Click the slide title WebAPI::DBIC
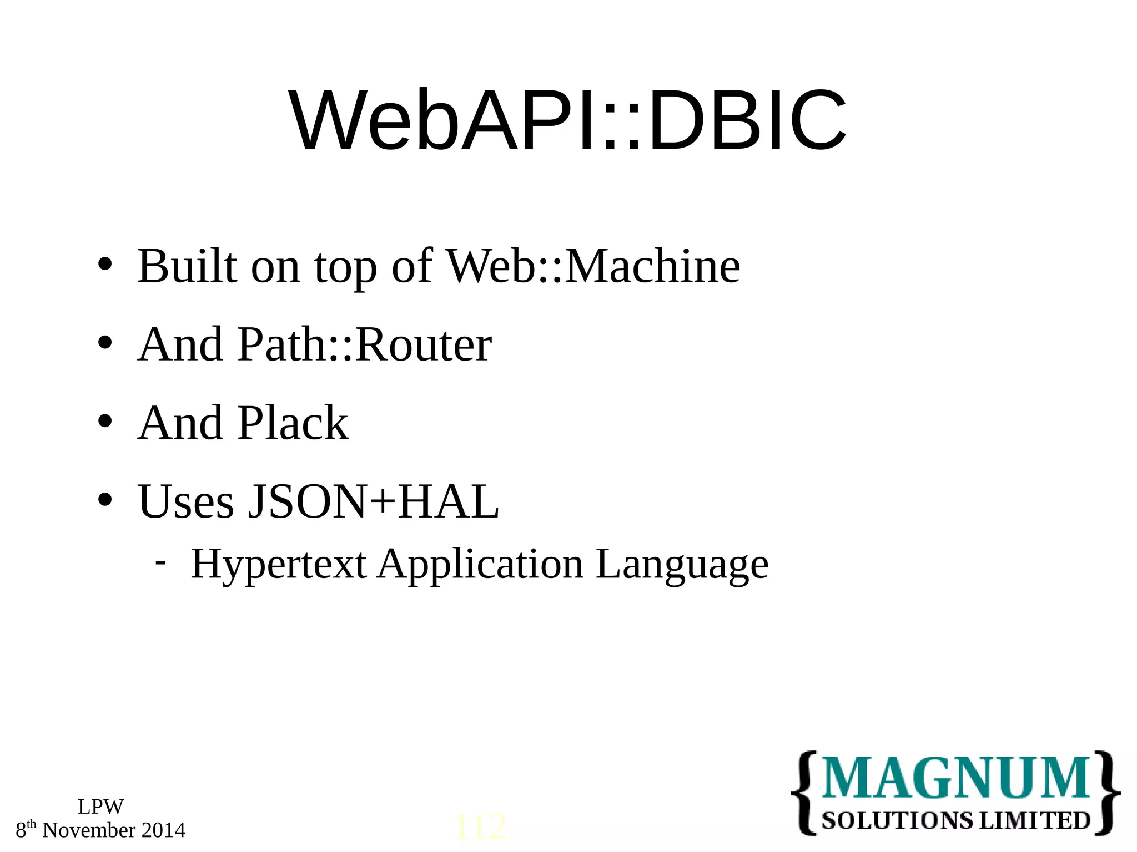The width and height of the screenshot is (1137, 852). (x=567, y=120)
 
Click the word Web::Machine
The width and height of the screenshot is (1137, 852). (x=593, y=266)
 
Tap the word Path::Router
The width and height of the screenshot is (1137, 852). (x=365, y=344)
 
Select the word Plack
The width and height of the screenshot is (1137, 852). (x=293, y=423)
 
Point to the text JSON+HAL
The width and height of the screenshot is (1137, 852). (x=373, y=501)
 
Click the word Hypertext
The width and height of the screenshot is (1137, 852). (x=279, y=564)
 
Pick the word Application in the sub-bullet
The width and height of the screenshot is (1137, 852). (x=481, y=564)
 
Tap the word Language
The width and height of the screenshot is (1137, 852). (x=682, y=564)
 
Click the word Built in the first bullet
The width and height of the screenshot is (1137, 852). (x=187, y=266)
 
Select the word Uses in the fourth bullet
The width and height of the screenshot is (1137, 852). (x=186, y=501)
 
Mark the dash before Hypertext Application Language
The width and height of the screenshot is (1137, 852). (x=160, y=562)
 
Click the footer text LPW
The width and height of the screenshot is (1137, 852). (x=100, y=807)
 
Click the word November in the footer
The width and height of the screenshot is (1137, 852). (x=89, y=830)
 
